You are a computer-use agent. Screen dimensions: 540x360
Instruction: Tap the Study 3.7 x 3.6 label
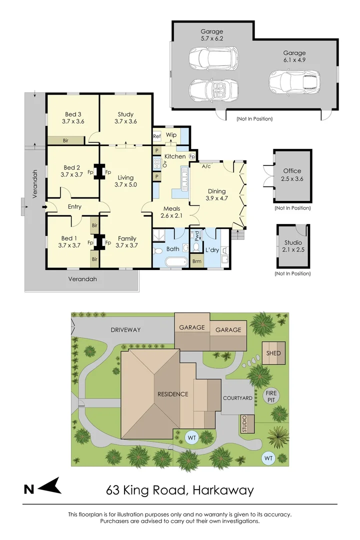(125, 117)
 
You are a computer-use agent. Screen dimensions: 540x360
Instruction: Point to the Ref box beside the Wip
(156, 135)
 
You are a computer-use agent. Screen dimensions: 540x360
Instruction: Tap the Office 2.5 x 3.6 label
(292, 174)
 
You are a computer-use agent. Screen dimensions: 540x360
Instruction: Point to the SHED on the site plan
(273, 353)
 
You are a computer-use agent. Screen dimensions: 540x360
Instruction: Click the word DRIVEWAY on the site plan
(125, 330)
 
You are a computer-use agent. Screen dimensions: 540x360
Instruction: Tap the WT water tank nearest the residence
(191, 437)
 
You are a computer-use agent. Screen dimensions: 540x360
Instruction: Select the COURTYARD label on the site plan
(237, 398)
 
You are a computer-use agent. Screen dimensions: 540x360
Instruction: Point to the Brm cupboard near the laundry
(196, 261)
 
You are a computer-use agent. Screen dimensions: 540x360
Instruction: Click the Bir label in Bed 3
(65, 140)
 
